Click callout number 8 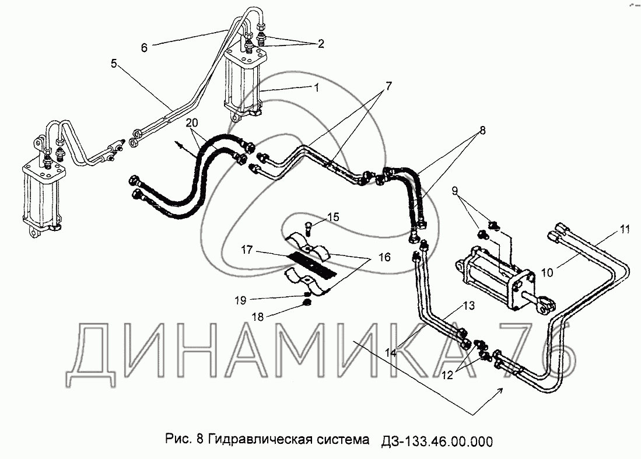(x=481, y=132)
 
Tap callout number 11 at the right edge (x=625, y=230)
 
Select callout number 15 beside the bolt (x=332, y=217)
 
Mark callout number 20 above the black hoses (x=191, y=122)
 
